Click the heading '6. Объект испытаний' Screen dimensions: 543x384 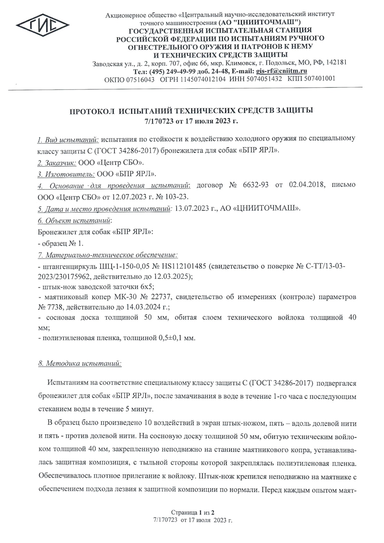pyautogui.click(x=74, y=220)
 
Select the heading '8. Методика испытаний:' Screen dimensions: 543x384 pyautogui.click(x=80, y=363)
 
